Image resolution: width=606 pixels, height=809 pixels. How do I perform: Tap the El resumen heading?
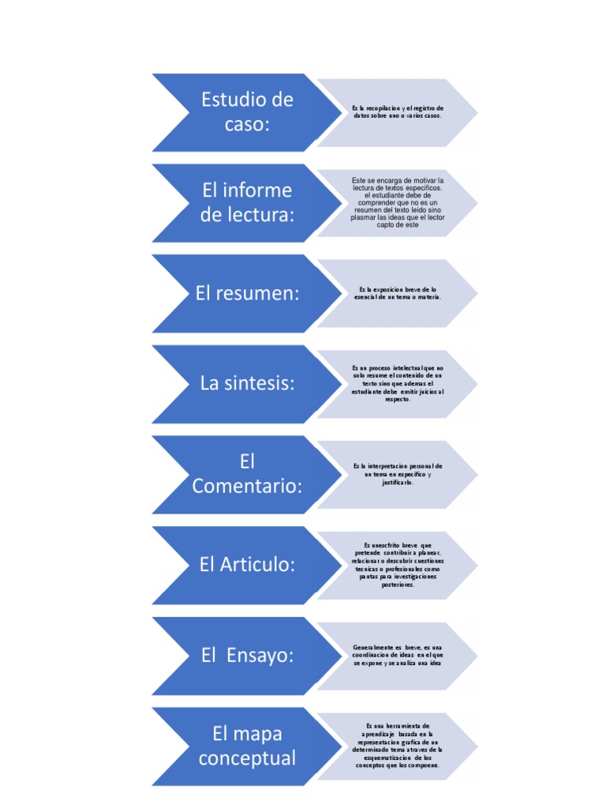pos(248,294)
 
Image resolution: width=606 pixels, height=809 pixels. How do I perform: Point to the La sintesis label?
pos(247,384)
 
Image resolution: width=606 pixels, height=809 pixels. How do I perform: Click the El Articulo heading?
pos(247,565)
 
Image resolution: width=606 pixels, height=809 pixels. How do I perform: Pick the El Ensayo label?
pos(247,655)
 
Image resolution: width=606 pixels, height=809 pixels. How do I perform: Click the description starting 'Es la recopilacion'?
pos(398,111)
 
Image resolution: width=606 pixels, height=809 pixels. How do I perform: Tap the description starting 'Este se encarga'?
pos(398,202)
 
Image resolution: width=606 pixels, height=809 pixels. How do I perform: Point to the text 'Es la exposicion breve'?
pos(398,293)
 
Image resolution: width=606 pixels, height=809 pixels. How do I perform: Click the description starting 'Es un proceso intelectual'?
pos(398,383)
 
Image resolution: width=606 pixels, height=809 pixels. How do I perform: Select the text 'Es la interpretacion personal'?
pos(398,474)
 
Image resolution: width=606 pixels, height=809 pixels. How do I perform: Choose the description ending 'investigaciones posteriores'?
pos(398,565)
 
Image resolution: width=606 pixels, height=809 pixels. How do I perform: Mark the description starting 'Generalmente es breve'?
pos(398,655)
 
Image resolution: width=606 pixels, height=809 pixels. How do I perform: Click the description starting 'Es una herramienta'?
pos(398,746)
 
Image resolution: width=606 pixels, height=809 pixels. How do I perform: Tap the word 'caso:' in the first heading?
pos(247,124)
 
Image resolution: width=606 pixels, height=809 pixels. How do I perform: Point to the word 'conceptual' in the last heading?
pos(247,758)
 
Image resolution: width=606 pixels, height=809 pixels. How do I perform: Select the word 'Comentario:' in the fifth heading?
pos(247,487)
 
